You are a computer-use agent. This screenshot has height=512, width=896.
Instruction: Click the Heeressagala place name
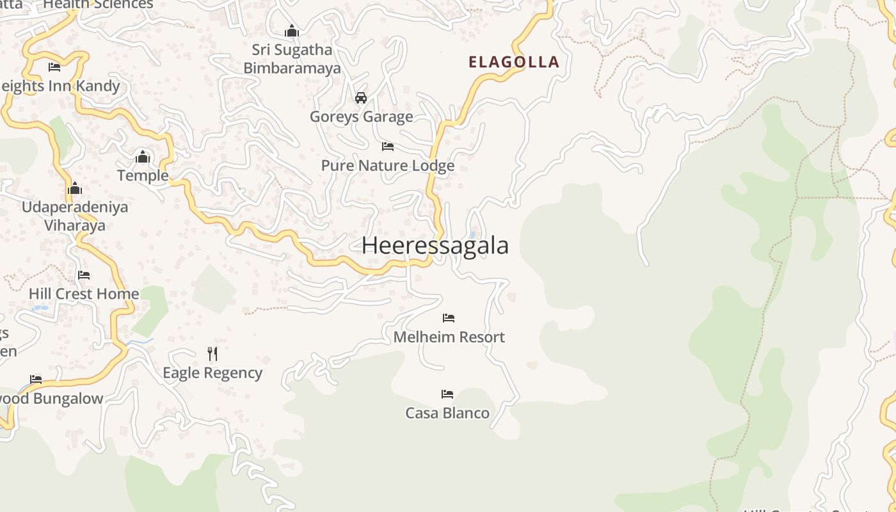click(x=435, y=246)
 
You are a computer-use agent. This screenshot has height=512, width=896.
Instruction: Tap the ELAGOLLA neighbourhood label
click(x=514, y=62)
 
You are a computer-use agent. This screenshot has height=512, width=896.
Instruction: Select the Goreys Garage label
click(x=361, y=116)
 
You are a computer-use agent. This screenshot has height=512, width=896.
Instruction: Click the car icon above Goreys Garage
click(x=361, y=98)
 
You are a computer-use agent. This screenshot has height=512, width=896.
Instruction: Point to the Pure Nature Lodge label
click(x=388, y=166)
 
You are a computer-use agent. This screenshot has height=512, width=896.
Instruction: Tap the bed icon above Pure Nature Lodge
click(x=388, y=147)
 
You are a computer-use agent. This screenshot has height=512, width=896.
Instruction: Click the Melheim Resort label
click(x=449, y=337)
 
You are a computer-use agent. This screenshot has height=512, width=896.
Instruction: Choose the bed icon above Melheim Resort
click(x=449, y=317)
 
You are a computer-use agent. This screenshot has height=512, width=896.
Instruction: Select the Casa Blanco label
click(x=447, y=413)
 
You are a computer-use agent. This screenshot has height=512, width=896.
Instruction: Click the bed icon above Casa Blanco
click(x=447, y=394)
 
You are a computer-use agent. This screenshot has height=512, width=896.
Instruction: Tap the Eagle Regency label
click(x=212, y=372)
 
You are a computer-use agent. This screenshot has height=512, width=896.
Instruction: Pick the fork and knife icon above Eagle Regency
click(x=212, y=353)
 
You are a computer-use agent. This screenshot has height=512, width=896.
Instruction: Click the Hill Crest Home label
click(x=84, y=294)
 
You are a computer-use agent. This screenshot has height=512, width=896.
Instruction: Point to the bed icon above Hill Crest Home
click(x=84, y=275)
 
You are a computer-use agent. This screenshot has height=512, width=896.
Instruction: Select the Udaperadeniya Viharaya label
click(x=75, y=216)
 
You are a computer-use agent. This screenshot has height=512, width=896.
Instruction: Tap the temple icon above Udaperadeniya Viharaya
click(x=75, y=188)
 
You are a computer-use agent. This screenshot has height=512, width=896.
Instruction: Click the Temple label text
click(x=143, y=175)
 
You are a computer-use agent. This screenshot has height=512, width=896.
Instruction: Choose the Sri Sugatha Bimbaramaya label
click(x=292, y=59)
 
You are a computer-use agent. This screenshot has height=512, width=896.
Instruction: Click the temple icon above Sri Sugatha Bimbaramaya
click(x=292, y=31)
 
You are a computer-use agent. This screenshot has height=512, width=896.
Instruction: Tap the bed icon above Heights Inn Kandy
click(x=54, y=67)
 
